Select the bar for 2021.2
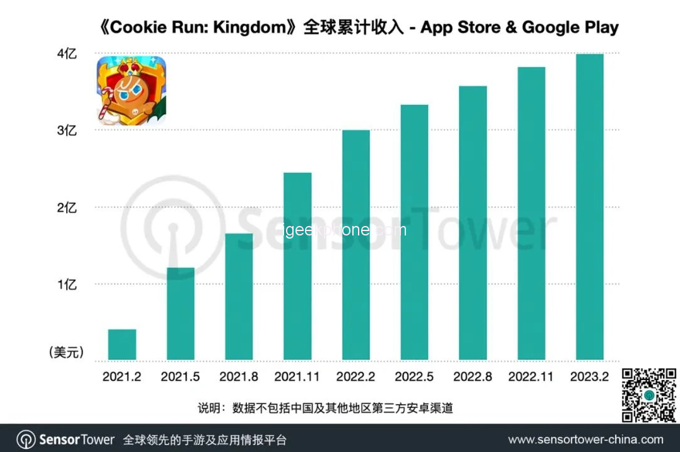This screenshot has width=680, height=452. click(x=122, y=345)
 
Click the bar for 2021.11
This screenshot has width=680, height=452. click(x=297, y=266)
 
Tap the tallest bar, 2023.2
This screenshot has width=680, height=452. click(x=590, y=207)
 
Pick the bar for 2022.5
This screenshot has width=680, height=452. click(x=414, y=232)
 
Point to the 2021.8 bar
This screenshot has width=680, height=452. click(x=239, y=297)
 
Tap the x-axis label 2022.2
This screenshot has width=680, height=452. click(x=355, y=377)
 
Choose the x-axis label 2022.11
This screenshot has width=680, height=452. click(x=531, y=377)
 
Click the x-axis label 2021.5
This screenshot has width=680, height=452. click(x=181, y=377)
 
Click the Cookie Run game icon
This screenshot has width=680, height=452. click(x=131, y=91)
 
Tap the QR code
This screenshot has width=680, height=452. click(x=649, y=395)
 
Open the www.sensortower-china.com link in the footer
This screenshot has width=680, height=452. click(x=585, y=439)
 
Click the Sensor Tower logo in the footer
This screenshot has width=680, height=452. click(x=66, y=439)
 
